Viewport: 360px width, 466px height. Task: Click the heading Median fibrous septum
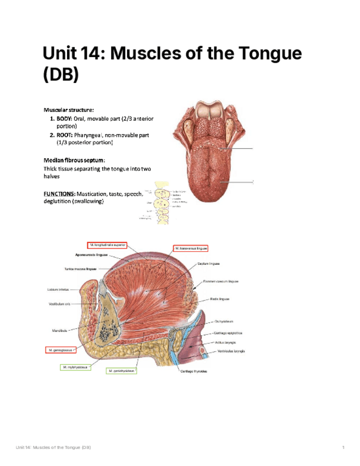74,160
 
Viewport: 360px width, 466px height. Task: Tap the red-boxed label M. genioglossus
60,349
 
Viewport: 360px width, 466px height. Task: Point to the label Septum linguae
209,264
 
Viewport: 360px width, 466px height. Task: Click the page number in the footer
343,448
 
